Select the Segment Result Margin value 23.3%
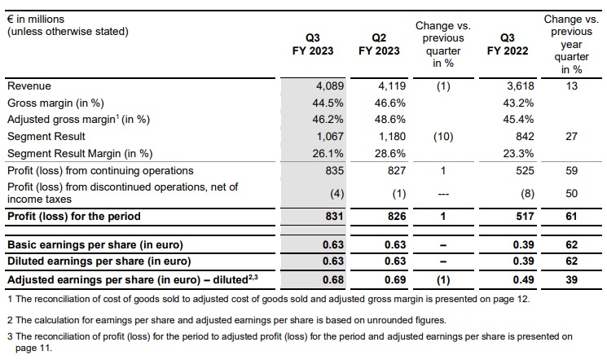point(520,153)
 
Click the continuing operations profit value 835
point(332,170)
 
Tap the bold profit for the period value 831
point(332,216)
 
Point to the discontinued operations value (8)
point(526,193)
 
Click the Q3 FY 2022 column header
point(508,44)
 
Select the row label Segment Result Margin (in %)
point(80,153)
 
